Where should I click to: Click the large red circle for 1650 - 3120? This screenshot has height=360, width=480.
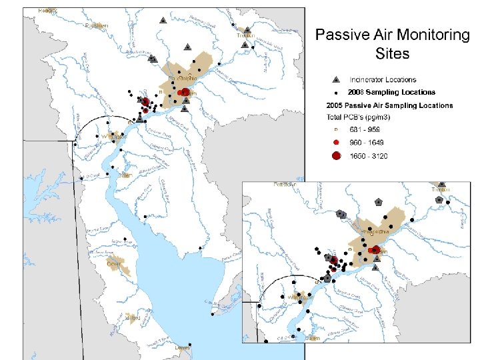(x=337, y=156)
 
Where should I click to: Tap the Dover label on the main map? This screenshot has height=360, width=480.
(x=114, y=263)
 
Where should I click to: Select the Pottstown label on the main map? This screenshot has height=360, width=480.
(x=97, y=26)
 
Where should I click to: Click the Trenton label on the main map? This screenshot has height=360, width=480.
(x=250, y=37)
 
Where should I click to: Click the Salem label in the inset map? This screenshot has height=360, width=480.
(x=312, y=338)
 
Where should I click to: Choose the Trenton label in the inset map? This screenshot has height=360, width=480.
(x=440, y=190)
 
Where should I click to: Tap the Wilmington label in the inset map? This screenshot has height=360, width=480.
(x=299, y=297)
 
